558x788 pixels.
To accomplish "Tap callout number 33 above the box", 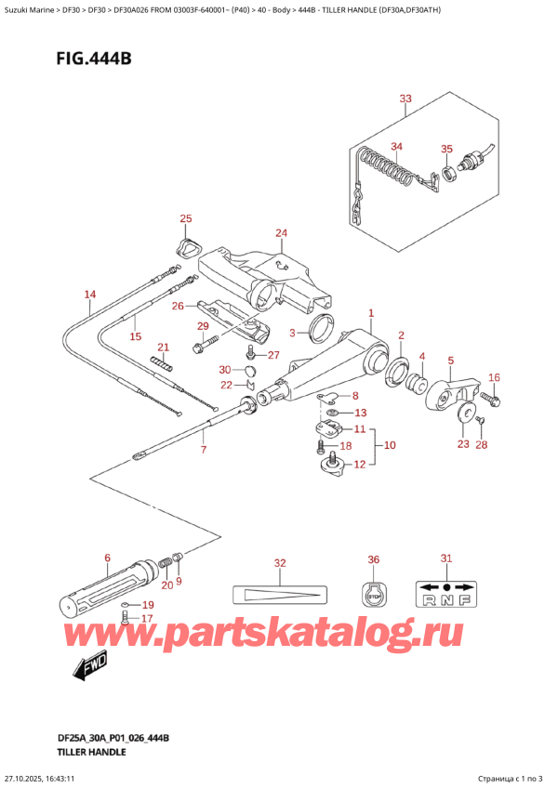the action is click(x=405, y=98).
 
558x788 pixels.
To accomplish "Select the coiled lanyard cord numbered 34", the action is click(x=389, y=168).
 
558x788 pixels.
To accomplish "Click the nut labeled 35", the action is click(x=449, y=174).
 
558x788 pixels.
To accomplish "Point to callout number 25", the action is click(x=186, y=218).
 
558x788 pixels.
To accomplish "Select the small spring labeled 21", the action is click(x=162, y=363).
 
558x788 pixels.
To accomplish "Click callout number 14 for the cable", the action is click(x=90, y=295).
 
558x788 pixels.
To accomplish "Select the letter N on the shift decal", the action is click(x=446, y=600).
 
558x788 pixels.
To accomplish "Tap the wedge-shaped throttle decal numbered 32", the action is click(x=280, y=595).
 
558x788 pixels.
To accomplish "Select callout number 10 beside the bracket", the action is click(x=390, y=445).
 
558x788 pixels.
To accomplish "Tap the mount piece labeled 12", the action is click(x=332, y=464).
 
